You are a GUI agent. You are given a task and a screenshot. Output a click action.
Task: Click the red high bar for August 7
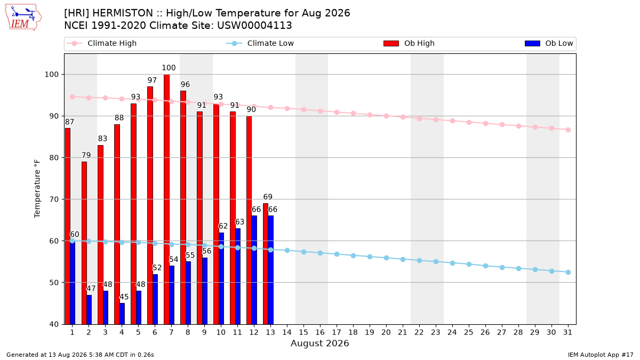point(166,199)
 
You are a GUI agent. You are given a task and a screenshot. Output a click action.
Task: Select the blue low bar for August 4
point(122,314)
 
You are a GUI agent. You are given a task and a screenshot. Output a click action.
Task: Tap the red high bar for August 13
point(266,263)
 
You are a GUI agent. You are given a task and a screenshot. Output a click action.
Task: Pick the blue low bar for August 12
point(254,270)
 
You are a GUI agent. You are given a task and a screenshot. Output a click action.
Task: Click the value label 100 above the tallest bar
point(169,68)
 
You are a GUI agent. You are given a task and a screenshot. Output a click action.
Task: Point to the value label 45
point(124,297)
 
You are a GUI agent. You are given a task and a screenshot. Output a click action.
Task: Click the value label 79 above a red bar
point(86,155)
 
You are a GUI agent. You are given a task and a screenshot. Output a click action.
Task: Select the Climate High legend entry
point(102,43)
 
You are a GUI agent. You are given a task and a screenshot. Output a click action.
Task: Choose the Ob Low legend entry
point(549,43)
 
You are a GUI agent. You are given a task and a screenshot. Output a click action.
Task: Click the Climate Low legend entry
point(260,43)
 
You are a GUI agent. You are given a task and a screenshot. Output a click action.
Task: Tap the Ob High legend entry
point(409,43)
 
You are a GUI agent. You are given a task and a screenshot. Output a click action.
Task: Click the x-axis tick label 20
point(386,332)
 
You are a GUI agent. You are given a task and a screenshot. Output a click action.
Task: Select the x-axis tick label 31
point(567,332)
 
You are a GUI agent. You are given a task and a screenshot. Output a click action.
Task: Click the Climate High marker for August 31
point(569,130)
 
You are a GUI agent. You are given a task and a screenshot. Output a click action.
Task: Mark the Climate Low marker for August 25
point(469,265)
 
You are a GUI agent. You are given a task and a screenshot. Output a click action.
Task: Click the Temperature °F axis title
point(37,189)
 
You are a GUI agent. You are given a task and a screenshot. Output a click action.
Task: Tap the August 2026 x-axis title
point(319,343)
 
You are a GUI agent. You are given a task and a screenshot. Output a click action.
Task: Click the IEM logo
point(23,18)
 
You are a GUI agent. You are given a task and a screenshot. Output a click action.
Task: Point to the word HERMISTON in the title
point(123,13)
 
